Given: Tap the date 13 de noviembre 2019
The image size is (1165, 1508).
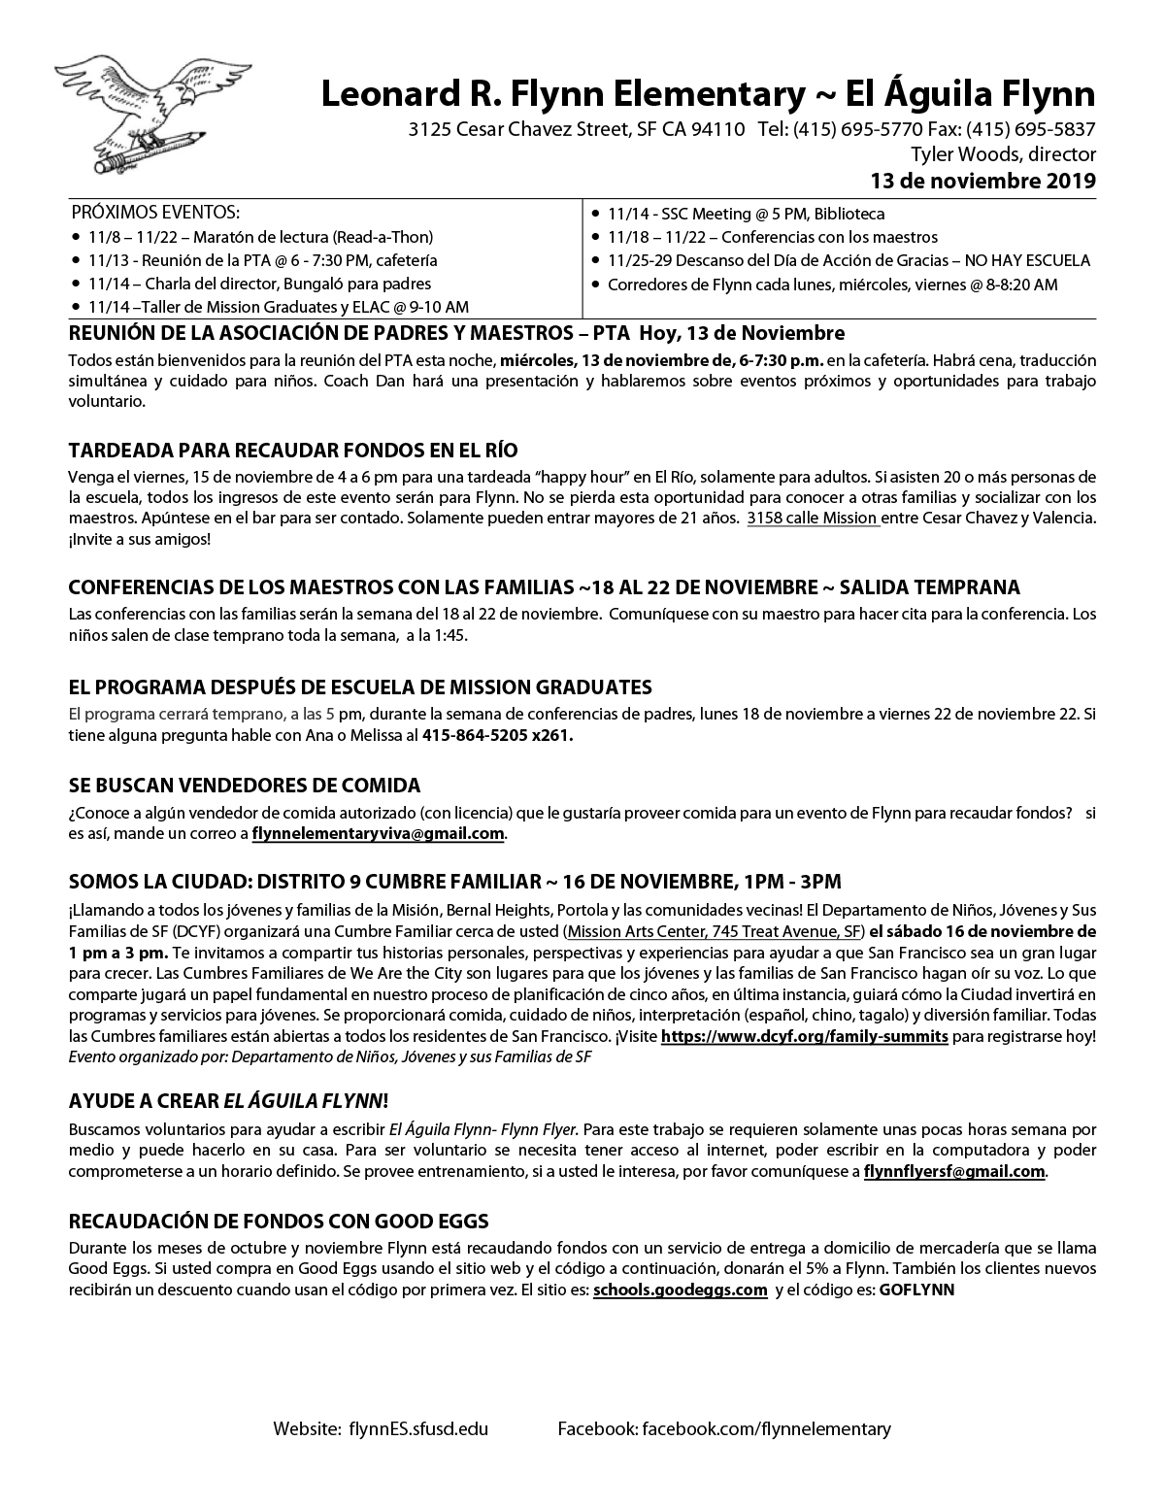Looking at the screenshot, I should (x=982, y=181).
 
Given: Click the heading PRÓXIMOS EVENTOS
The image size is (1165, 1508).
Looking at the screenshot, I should (x=155, y=213).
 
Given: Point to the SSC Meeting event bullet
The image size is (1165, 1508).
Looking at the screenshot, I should (x=746, y=214).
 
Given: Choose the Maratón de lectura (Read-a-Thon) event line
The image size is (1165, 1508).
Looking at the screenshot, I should (x=260, y=237).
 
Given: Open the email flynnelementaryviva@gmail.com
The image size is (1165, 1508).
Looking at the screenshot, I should (x=378, y=834).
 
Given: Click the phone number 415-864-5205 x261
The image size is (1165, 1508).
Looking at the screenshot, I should (x=497, y=735).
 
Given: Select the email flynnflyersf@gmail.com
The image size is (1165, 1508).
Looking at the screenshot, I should (x=954, y=1172).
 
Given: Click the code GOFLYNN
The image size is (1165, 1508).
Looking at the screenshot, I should (x=916, y=1290).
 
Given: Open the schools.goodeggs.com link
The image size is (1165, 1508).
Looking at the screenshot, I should (x=681, y=1290).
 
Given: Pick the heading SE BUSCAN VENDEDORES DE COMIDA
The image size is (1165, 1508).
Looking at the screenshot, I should (x=245, y=785).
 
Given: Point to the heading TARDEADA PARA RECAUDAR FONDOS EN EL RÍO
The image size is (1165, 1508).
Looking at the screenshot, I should (x=293, y=451).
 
